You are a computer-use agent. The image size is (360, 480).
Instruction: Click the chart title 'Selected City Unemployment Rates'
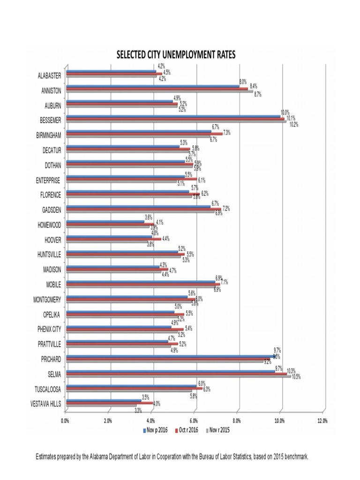pos(176,55)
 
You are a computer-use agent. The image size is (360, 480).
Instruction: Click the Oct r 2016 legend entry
pos(187,429)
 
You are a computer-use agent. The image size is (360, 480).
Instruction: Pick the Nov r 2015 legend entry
pos(219,429)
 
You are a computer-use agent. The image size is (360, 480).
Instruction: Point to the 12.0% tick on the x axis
pos(322,420)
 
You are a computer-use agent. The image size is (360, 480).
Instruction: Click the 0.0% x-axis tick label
pos(65,420)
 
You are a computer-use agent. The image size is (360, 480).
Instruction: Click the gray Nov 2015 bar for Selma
pos(178,377)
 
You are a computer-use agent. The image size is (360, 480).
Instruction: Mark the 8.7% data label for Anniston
pos(257,94)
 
